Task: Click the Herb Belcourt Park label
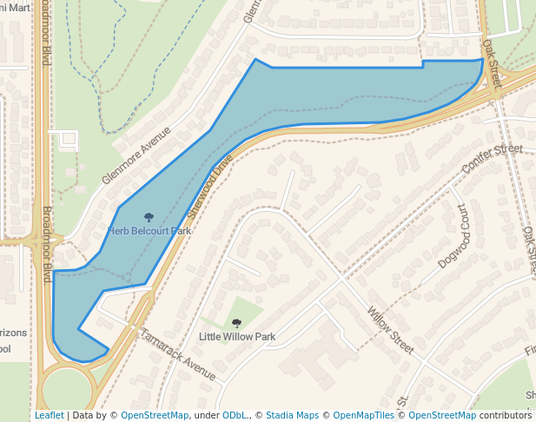click(149, 232)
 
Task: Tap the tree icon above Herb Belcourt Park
click(149, 218)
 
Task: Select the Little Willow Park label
click(237, 337)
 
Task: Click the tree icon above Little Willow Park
click(236, 323)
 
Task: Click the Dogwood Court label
click(453, 236)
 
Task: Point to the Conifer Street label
click(493, 158)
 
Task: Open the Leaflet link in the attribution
click(49, 415)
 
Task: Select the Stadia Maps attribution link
click(292, 415)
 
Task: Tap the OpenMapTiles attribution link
click(363, 415)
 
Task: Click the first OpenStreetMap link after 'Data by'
click(155, 415)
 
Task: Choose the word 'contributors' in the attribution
click(506, 415)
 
